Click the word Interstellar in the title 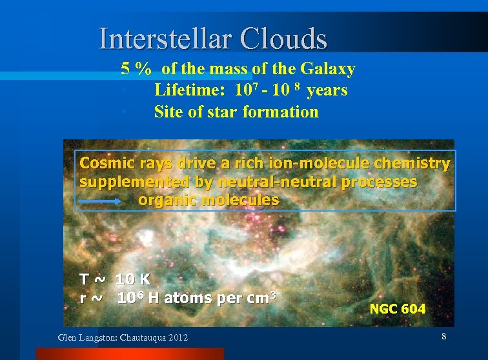(165, 39)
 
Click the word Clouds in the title (284, 39)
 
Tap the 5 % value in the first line (136, 69)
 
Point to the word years (327, 90)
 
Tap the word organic (168, 200)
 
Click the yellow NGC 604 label (397, 309)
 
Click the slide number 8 (443, 337)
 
